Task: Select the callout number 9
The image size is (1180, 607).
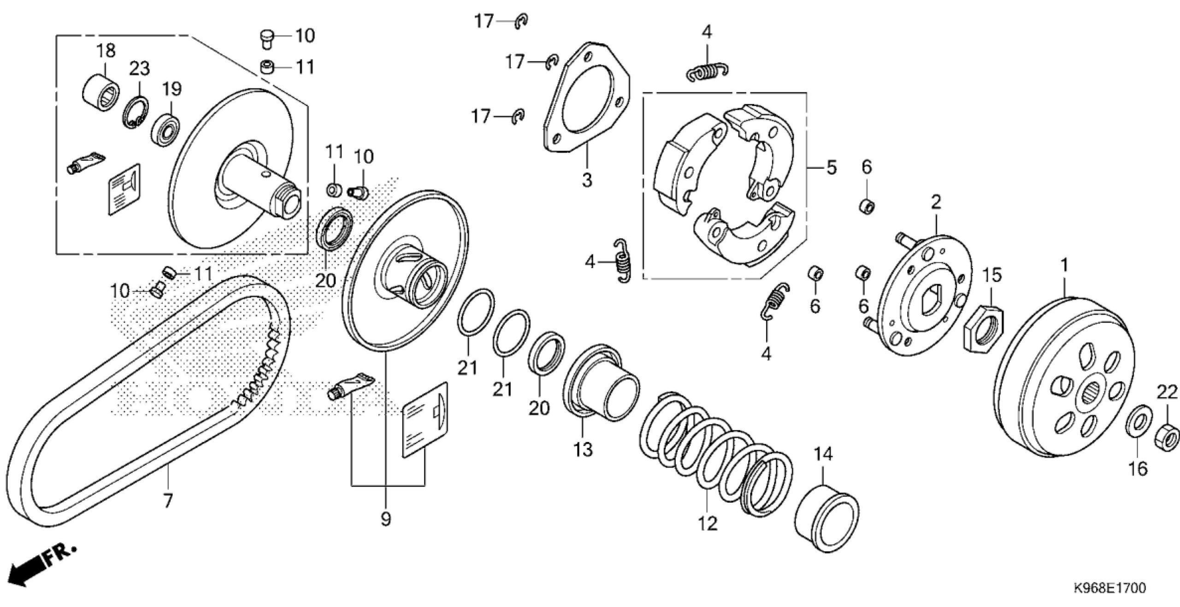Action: [386, 520]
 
